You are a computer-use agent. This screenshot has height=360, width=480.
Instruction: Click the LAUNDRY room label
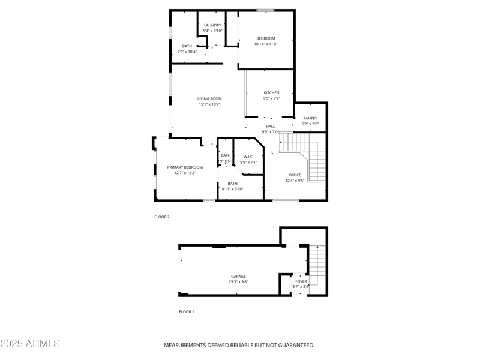tap(212, 25)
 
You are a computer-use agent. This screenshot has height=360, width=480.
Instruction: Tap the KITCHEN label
tap(271, 93)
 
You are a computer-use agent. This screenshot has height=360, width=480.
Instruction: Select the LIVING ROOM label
tap(209, 99)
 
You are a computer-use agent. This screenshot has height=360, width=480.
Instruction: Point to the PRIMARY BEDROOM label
tap(185, 167)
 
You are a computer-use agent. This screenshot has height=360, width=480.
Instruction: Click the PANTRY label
tap(310, 119)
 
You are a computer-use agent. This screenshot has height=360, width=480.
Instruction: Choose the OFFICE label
tap(295, 175)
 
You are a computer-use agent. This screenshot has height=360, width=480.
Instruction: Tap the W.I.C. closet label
tap(248, 157)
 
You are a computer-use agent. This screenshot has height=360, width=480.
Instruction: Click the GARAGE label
tap(238, 277)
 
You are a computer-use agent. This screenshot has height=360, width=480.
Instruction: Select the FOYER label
tap(301, 281)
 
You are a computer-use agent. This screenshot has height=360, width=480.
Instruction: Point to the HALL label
tap(271, 127)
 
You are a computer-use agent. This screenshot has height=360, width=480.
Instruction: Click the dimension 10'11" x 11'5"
tap(266, 44)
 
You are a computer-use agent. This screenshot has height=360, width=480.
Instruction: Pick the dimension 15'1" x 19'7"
tap(209, 104)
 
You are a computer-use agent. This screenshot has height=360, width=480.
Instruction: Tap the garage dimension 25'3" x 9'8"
tap(238, 282)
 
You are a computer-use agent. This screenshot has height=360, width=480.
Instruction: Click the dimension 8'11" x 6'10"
tap(232, 189)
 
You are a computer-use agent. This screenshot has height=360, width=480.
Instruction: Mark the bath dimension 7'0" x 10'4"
tap(187, 52)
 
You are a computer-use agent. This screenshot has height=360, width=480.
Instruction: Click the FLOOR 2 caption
tap(162, 217)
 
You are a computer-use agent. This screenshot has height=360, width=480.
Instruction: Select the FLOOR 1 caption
tap(187, 312)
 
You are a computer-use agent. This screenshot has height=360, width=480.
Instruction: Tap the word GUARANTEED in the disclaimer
tap(292, 346)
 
